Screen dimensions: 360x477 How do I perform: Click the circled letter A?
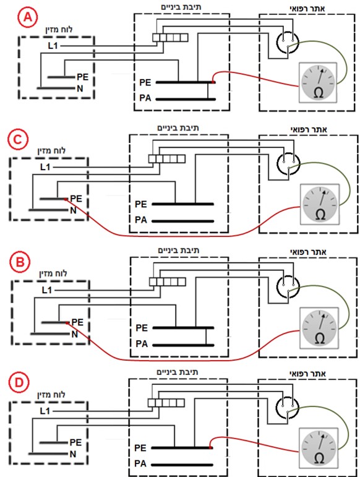pyautogui.click(x=28, y=18)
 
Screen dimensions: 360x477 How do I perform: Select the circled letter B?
pyautogui.click(x=20, y=262)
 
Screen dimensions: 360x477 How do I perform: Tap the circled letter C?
pyautogui.click(x=18, y=140)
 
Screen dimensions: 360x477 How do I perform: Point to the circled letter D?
pyautogui.click(x=19, y=383)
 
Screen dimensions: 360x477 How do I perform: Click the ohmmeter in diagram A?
pyautogui.click(x=318, y=82)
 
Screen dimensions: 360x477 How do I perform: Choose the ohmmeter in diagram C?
pyautogui.click(x=320, y=204)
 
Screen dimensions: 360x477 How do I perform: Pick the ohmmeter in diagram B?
pyautogui.click(x=319, y=328)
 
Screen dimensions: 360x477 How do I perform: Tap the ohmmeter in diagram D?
pyautogui.click(x=319, y=448)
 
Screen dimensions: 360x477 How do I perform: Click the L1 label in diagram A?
pyautogui.click(x=53, y=46)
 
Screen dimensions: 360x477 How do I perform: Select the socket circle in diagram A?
pyautogui.click(x=288, y=42)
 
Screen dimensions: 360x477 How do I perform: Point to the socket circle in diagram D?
pyautogui.click(x=287, y=407)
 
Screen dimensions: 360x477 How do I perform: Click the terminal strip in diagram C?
pyautogui.click(x=166, y=159)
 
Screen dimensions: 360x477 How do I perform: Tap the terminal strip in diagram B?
pyautogui.click(x=168, y=281)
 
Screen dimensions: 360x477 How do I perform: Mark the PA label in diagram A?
pyautogui.click(x=145, y=98)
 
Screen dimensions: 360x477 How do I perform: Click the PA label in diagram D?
pyautogui.click(x=140, y=463)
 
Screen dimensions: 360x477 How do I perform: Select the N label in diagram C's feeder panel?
pyautogui.click(x=73, y=210)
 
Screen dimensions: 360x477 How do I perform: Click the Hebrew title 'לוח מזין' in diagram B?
pyautogui.click(x=53, y=273)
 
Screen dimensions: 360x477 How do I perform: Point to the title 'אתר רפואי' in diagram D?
pyautogui.click(x=307, y=373)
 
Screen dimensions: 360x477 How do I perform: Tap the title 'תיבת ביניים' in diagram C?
pyautogui.click(x=178, y=128)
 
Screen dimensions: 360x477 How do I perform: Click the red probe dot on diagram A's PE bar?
pyautogui.click(x=214, y=82)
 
